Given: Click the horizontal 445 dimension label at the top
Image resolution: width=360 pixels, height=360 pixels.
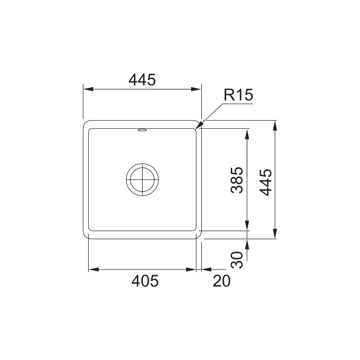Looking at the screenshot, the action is pos(142,80).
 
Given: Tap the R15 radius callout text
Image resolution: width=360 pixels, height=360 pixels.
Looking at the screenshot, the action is pos(238,95).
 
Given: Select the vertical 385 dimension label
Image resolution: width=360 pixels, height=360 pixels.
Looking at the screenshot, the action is pos(237,180).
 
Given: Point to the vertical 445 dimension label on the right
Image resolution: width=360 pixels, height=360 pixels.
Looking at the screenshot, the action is pos(266,182).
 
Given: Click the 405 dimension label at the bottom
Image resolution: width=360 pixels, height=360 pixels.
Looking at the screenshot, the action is pos(145,281).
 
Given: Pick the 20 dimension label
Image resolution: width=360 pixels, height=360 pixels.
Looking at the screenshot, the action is pos(221,281).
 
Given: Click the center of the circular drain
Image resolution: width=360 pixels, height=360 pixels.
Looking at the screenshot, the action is pos(142,180).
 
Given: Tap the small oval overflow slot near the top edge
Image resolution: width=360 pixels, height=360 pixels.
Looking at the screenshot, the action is pos(142,130).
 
